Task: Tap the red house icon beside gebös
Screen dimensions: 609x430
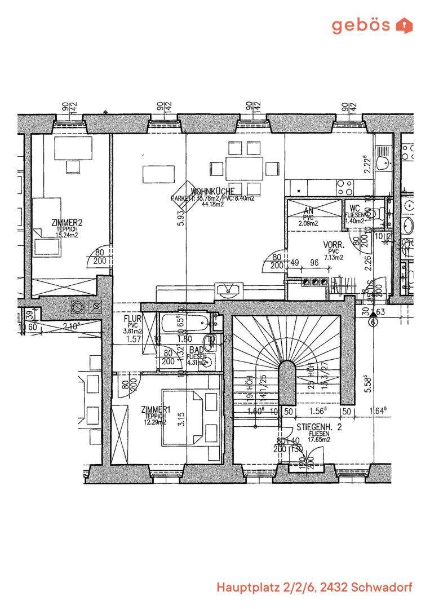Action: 405,25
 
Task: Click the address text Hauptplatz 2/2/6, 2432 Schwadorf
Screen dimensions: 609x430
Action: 314,588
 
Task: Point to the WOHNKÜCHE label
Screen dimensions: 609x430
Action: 212,191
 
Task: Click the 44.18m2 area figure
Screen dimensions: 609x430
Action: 212,204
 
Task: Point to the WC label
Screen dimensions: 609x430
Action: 354,208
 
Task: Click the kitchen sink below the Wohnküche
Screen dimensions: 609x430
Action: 228,291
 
